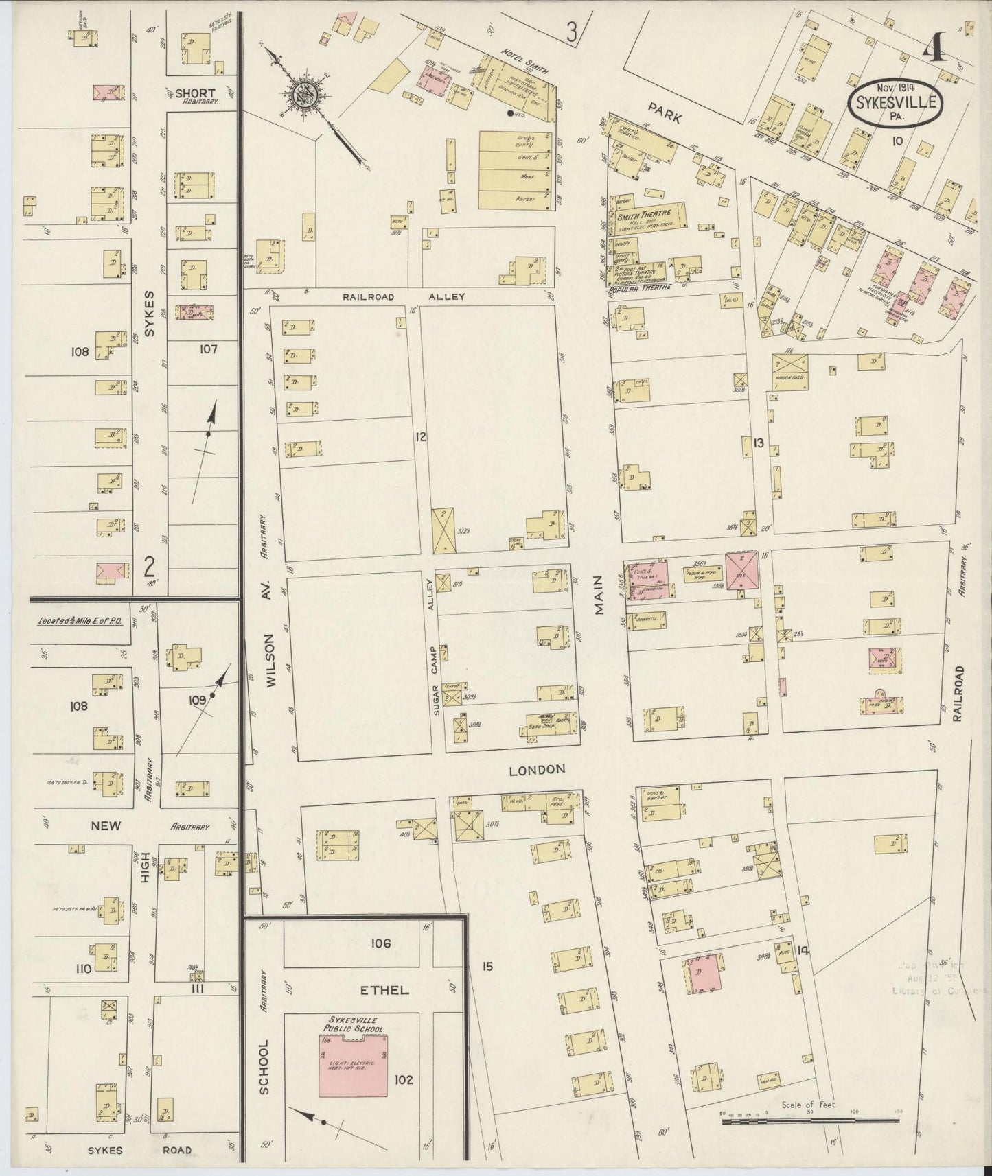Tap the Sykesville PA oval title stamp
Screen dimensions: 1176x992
tap(896, 106)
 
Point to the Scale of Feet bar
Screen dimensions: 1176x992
tap(809, 1119)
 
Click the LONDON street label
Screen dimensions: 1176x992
tap(537, 770)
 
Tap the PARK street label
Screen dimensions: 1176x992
tap(663, 118)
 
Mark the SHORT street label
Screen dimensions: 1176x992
tap(195, 93)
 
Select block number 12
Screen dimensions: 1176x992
tap(421, 436)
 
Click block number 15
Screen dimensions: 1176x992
tap(487, 967)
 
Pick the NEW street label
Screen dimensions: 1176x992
tap(106, 825)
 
